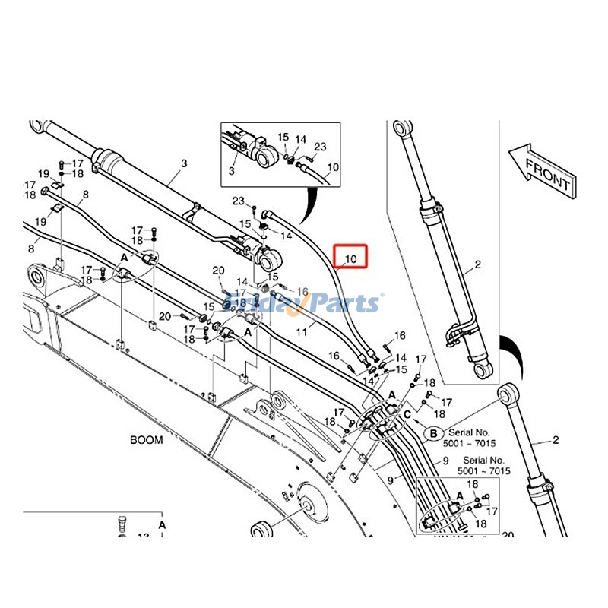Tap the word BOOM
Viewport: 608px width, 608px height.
tap(146, 440)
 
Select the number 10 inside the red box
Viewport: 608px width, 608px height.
tap(350, 260)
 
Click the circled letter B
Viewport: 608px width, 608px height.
tap(433, 433)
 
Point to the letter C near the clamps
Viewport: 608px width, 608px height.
tap(408, 414)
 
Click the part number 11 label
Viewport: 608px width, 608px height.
tap(302, 331)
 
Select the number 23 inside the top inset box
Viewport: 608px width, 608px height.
tap(320, 147)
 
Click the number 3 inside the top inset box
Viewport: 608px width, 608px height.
tap(232, 173)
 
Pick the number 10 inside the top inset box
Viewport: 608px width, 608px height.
tap(332, 167)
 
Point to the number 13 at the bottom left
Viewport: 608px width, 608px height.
tap(143, 537)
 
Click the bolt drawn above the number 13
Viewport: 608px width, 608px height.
tap(123, 524)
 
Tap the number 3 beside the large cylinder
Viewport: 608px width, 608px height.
tap(183, 163)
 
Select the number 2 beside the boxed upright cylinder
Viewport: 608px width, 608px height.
tap(478, 265)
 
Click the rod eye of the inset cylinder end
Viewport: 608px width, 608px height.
tap(266, 159)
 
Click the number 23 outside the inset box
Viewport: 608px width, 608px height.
tap(238, 201)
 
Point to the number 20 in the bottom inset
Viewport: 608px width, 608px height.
tap(508, 535)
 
